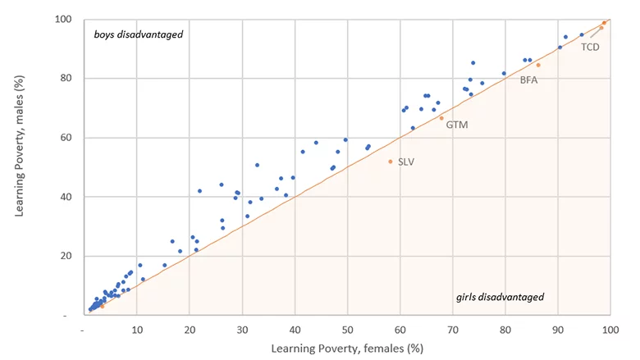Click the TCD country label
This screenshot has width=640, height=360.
(590, 47)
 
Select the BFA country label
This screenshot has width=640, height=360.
(528, 80)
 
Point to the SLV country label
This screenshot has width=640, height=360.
(406, 162)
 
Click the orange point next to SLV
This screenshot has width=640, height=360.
(390, 162)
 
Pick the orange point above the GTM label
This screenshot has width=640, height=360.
(441, 118)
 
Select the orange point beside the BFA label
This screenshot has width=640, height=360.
(538, 65)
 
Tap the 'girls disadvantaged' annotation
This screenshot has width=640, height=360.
(500, 297)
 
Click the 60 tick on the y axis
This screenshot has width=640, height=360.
(68, 138)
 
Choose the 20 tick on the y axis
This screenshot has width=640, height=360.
(68, 256)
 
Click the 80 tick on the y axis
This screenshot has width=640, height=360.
(68, 79)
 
